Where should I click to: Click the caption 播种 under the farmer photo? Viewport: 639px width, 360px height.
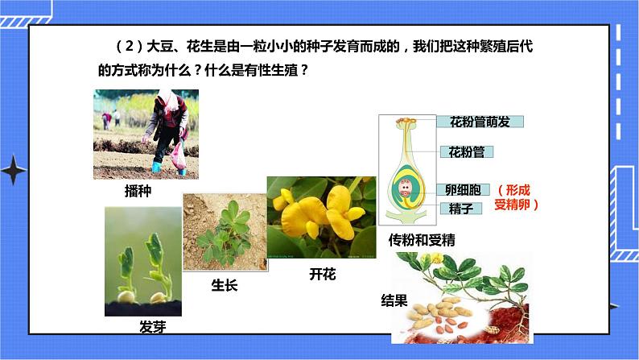click(138, 192)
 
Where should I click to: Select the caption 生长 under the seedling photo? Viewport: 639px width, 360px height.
click(225, 285)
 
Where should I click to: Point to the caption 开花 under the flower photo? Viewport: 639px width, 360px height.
click(322, 274)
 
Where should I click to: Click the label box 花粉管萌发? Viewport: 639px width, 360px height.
click(480, 122)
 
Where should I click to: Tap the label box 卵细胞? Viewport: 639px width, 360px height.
click(463, 190)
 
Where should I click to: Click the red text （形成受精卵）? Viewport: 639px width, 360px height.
click(516, 197)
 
